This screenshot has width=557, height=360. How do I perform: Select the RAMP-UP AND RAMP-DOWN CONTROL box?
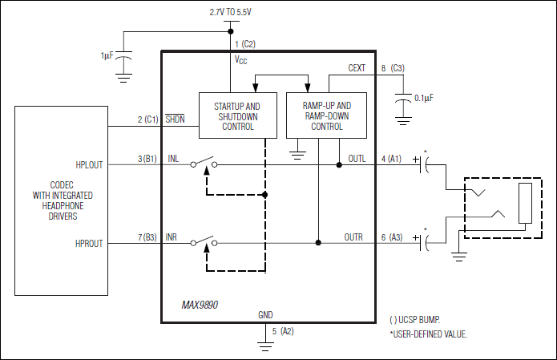(x=327, y=116)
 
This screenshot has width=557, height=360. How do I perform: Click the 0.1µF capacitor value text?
(x=425, y=98)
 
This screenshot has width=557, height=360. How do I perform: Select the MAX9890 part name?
(x=200, y=305)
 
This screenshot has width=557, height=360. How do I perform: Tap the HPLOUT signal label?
(x=90, y=164)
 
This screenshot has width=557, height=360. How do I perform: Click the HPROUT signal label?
(x=90, y=243)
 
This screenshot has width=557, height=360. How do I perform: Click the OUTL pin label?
(x=355, y=159)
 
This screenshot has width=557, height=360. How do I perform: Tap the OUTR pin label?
(x=355, y=237)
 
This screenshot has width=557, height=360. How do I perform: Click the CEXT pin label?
(x=357, y=68)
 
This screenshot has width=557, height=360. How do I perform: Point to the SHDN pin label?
(x=175, y=119)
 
